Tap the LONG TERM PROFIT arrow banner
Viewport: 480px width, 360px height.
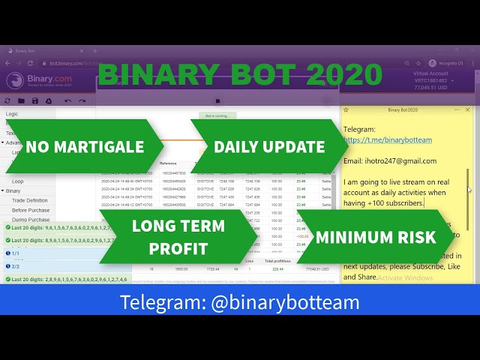tap(177, 236)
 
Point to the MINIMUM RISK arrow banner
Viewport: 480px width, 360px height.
tap(376, 237)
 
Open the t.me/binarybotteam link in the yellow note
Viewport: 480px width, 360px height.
tap(388, 139)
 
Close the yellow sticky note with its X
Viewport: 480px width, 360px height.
tap(469, 109)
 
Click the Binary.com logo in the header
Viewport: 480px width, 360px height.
tap(42, 80)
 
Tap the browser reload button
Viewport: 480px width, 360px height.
tap(29, 63)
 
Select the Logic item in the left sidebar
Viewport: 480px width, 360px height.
tap(12, 114)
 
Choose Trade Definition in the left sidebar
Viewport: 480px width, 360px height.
tap(30, 200)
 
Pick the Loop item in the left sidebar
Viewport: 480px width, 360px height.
tap(17, 181)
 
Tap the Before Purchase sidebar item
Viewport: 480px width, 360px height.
tap(31, 210)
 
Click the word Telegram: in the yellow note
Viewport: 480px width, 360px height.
tap(359, 129)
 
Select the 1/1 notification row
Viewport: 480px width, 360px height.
tap(15, 253)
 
